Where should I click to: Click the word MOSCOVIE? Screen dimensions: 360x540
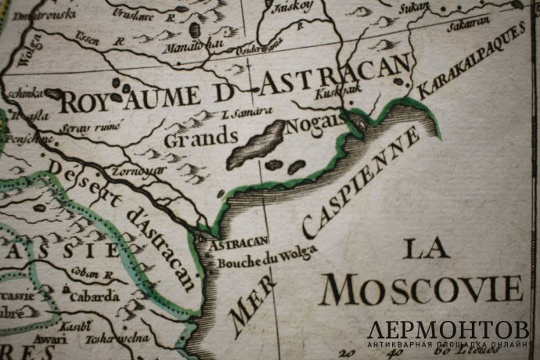423,290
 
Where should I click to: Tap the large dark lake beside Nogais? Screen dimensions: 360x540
258,142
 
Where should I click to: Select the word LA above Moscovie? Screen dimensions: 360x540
427,249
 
